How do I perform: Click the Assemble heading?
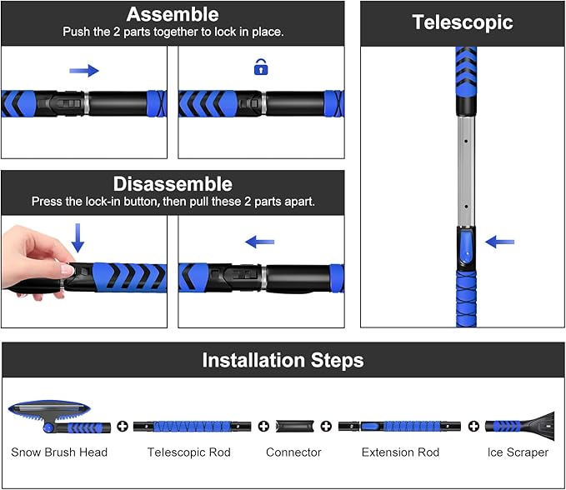click(x=173, y=15)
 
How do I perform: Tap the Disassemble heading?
click(x=173, y=184)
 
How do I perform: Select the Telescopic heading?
click(x=463, y=22)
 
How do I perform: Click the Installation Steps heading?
click(x=283, y=361)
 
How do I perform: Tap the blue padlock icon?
click(x=260, y=67)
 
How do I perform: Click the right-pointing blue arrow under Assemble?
click(x=84, y=71)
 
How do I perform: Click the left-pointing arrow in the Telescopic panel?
click(x=500, y=242)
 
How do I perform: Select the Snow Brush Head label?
click(x=59, y=452)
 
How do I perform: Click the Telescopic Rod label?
click(x=189, y=452)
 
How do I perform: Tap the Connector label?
click(x=293, y=452)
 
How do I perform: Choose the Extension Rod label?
click(x=400, y=452)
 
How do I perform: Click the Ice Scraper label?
click(x=518, y=452)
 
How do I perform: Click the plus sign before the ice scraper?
click(x=474, y=427)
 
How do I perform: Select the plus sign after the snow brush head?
click(x=122, y=427)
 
